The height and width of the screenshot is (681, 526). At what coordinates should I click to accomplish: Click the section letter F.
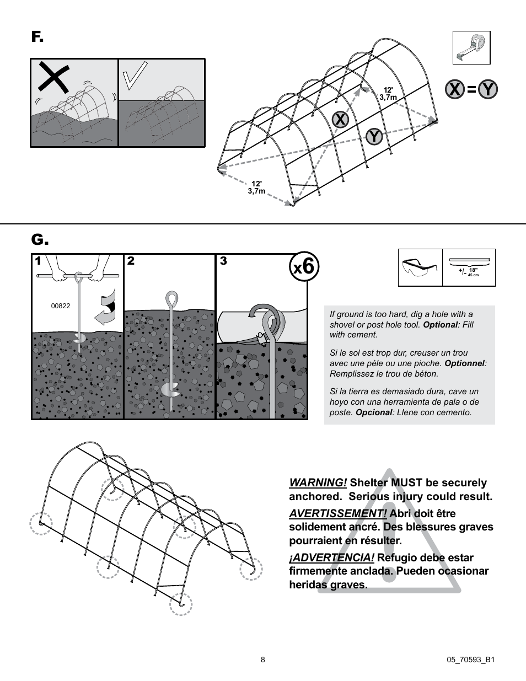(x=36, y=37)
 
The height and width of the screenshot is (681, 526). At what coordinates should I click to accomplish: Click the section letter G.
(x=39, y=240)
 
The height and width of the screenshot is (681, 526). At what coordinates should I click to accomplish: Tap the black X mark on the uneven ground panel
(x=53, y=78)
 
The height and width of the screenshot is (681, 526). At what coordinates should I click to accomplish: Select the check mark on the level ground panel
(x=135, y=76)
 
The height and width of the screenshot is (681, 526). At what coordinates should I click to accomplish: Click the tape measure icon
(x=471, y=48)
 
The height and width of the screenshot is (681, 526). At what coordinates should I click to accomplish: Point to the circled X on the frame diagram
(x=341, y=119)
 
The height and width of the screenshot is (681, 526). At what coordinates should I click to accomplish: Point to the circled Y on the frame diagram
(x=374, y=136)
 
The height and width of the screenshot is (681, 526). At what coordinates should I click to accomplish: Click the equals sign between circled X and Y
(x=471, y=89)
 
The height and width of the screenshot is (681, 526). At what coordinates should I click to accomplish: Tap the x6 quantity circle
(x=304, y=267)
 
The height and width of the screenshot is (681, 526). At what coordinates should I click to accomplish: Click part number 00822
(x=61, y=306)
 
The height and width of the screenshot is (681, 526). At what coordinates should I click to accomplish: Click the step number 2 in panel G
(x=131, y=261)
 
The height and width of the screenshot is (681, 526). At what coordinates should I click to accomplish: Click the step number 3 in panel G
(x=223, y=261)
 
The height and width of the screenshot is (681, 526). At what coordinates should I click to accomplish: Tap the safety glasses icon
(x=420, y=267)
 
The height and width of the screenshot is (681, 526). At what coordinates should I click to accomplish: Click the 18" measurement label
(x=473, y=270)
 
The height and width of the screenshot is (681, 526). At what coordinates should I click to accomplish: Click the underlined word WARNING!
(x=318, y=482)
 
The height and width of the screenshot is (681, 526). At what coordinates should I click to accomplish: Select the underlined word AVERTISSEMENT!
(x=337, y=513)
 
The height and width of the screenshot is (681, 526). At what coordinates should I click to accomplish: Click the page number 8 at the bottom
(x=263, y=659)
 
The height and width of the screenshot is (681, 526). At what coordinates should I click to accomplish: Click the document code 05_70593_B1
(x=470, y=659)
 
